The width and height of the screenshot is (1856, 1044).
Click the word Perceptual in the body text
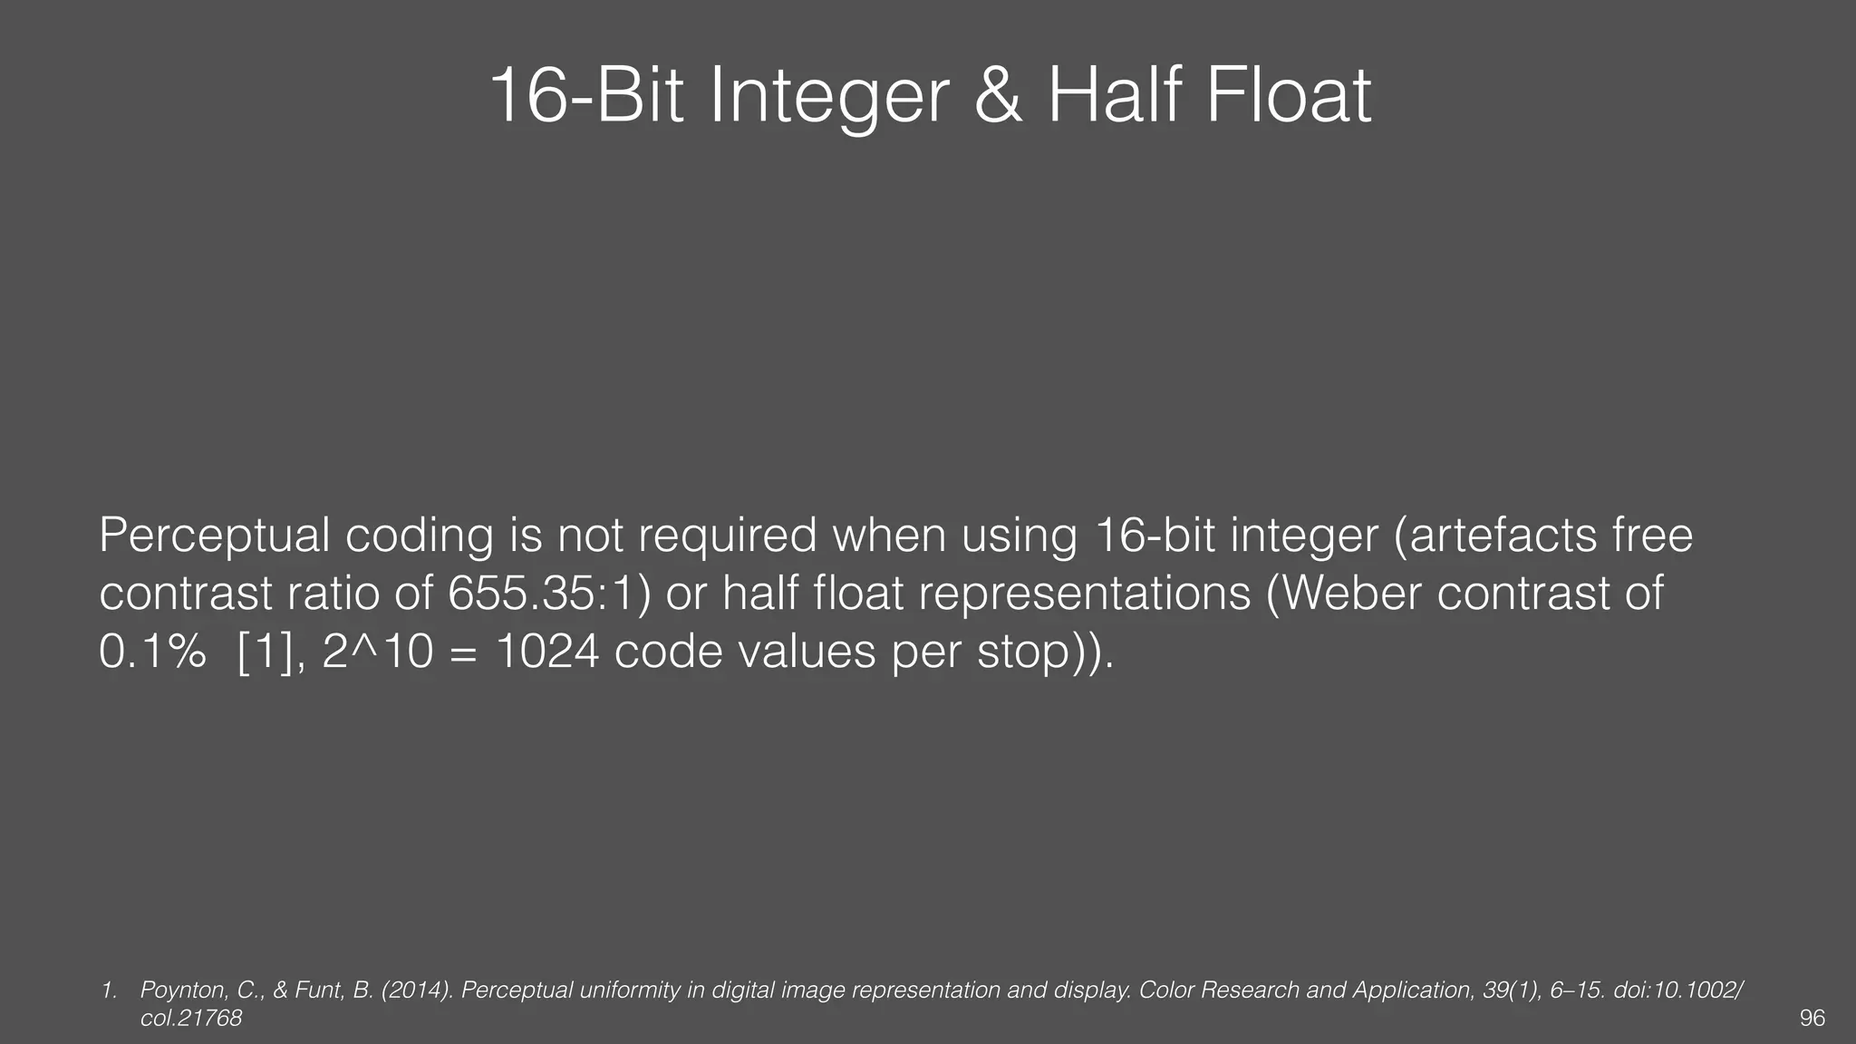(214, 536)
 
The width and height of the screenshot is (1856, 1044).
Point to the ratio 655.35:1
(548, 594)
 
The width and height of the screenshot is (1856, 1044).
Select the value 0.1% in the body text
(151, 652)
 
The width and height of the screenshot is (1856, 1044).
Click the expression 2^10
(378, 652)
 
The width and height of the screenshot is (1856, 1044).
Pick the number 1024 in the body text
(547, 652)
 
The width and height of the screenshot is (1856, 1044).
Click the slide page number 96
(1812, 1019)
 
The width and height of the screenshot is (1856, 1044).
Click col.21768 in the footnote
(191, 1019)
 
